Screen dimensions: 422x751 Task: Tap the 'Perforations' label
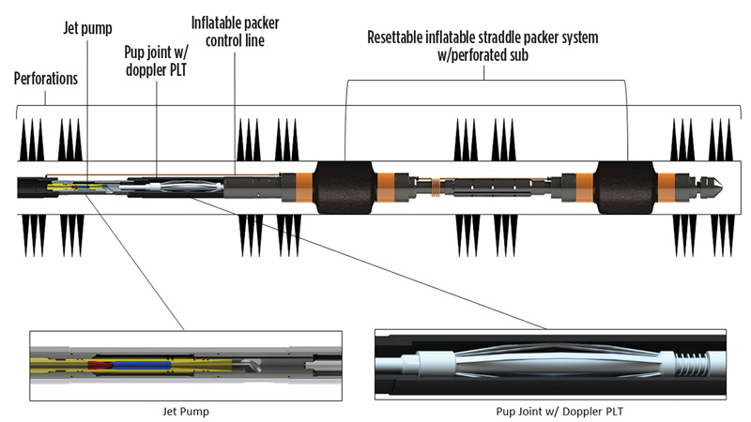[46, 80]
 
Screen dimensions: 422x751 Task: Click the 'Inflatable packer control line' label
[242, 33]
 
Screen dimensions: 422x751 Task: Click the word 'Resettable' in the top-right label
[400, 38]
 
